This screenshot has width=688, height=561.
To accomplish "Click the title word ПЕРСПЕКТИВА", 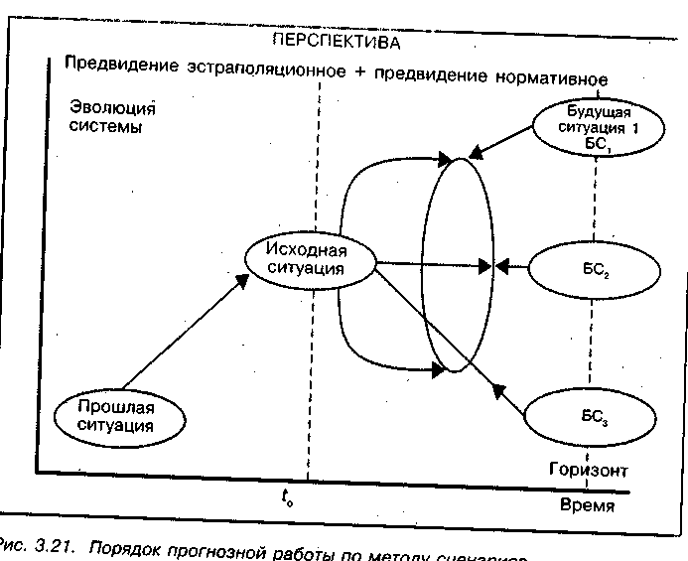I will click(337, 43).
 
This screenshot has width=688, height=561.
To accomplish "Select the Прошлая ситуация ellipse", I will click(119, 414).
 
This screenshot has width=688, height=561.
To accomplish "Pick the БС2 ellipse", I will click(594, 267).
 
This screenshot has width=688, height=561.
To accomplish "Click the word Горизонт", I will click(590, 468).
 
